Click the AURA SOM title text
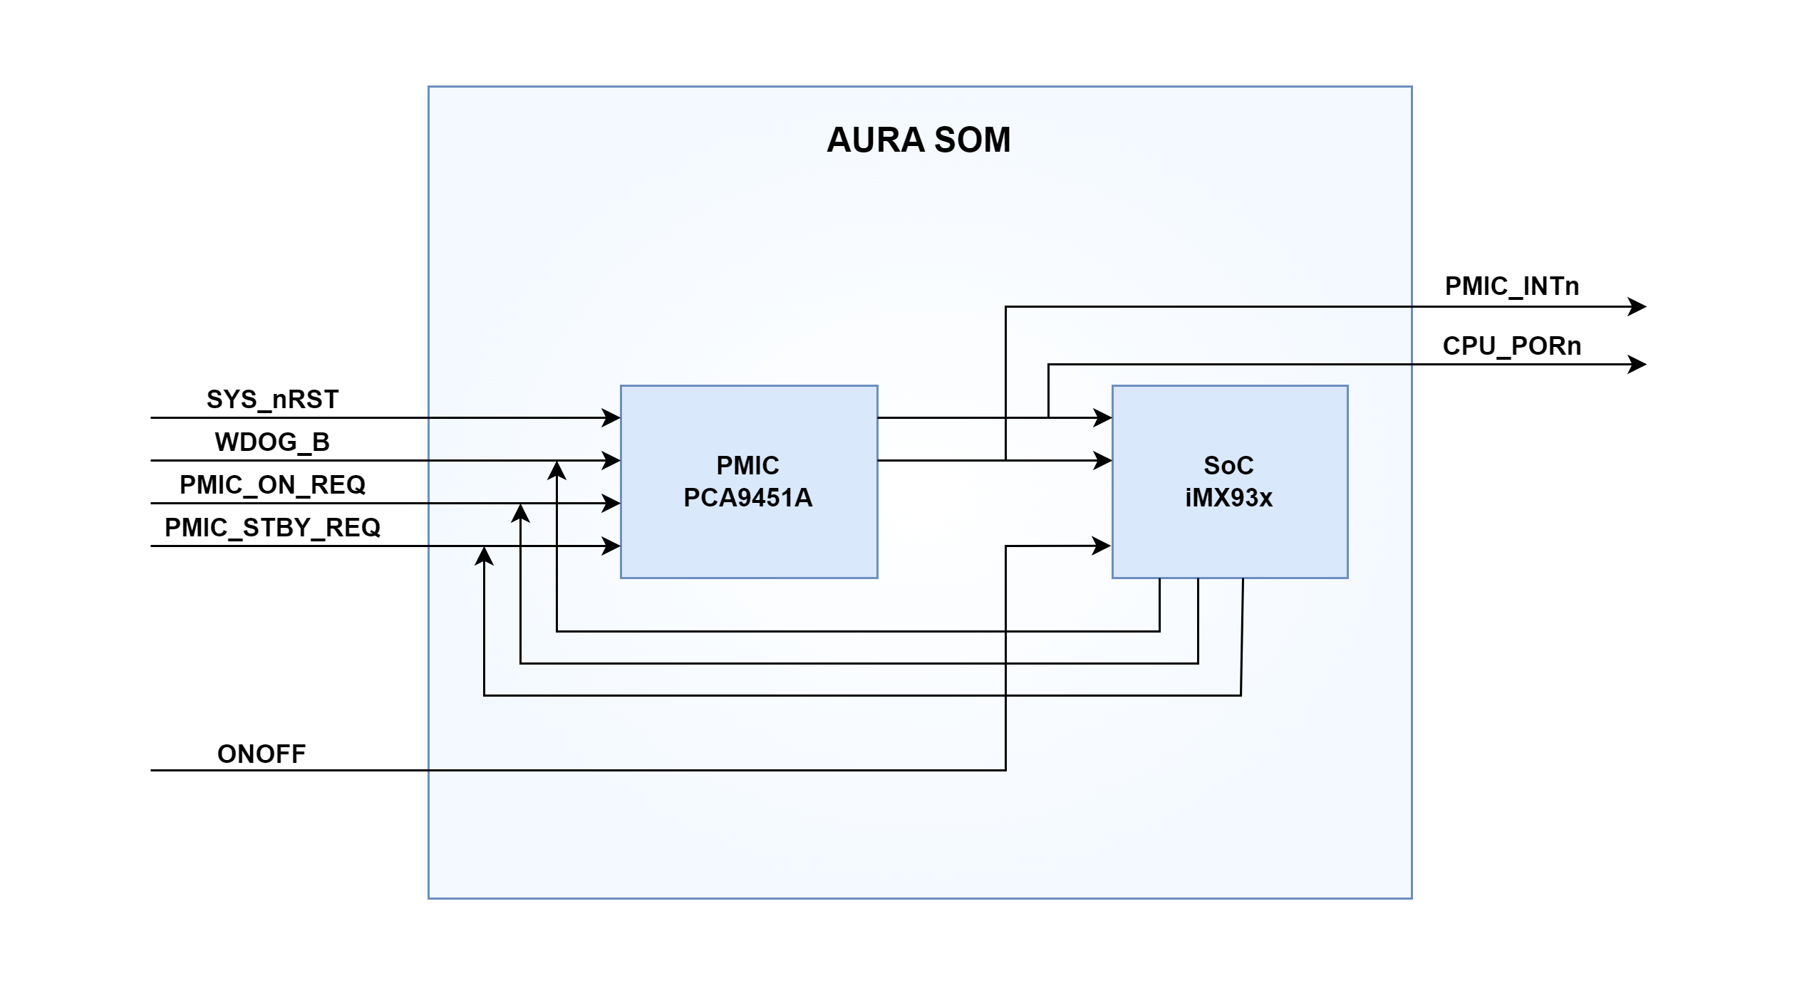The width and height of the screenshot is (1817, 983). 918,140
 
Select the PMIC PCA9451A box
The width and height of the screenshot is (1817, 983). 748,541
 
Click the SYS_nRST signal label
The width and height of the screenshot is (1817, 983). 272,400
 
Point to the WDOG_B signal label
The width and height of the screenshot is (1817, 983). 272,442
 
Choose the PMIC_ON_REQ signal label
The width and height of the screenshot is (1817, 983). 272,485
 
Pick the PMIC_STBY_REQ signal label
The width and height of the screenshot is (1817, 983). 272,528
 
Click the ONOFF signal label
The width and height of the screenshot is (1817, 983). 262,754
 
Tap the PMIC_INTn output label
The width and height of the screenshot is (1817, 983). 1511,286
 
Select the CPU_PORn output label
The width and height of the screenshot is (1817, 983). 1511,346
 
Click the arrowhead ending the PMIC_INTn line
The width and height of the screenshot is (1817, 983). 1637,307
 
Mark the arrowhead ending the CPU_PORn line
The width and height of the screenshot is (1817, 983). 1637,365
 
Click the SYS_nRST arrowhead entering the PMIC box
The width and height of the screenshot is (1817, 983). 611,418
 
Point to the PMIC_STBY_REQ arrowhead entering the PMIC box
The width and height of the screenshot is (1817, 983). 611,546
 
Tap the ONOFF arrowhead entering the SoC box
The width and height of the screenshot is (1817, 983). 1102,546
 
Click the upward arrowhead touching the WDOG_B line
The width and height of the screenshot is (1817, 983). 557,470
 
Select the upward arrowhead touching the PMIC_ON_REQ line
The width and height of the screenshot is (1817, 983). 521,513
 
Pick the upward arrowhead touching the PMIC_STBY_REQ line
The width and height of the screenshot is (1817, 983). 485,556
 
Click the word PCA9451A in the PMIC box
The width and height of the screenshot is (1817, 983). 748,498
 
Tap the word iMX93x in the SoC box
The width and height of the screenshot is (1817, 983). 1229,498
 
